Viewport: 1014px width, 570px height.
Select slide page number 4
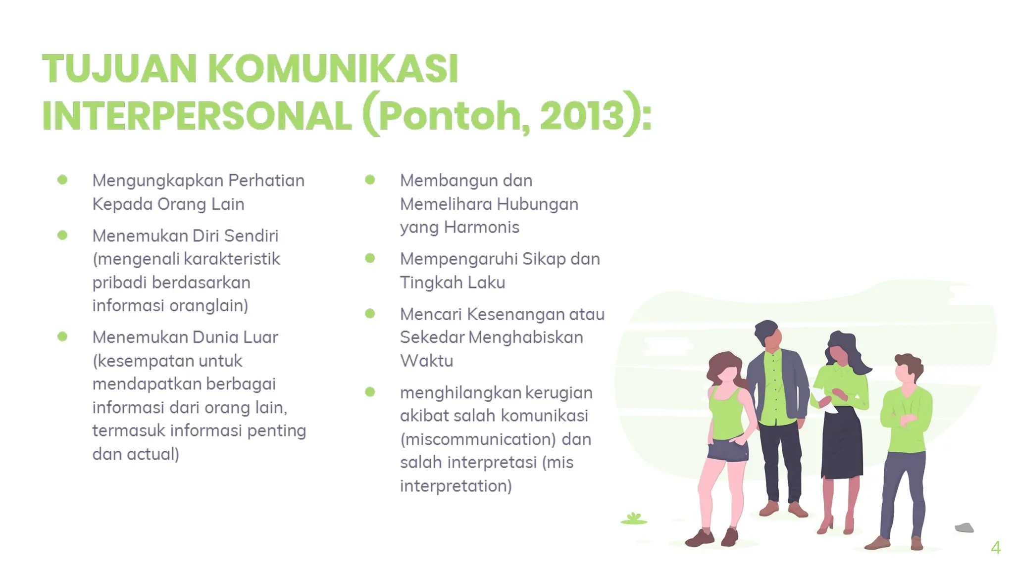coord(996,548)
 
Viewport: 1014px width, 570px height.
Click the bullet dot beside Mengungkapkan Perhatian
coord(62,180)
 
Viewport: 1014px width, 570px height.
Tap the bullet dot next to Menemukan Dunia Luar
coord(62,336)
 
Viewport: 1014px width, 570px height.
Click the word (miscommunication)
coord(478,439)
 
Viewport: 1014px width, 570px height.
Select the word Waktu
coord(426,361)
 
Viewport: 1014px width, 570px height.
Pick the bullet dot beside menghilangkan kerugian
coord(370,392)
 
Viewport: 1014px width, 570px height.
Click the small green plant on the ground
coord(634,519)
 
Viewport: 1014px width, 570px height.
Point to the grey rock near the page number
coord(964,527)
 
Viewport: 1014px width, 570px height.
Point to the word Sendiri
coord(251,236)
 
